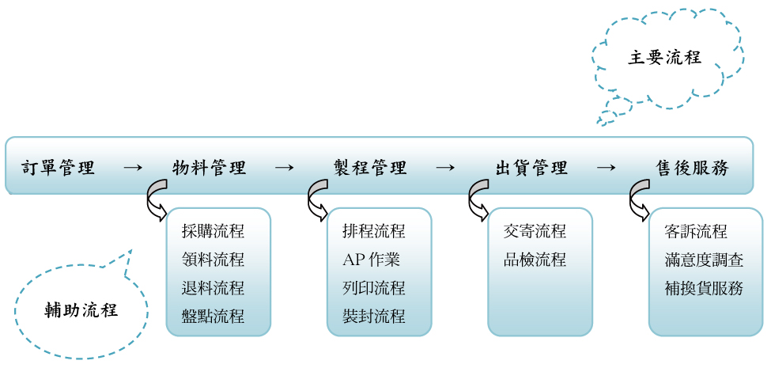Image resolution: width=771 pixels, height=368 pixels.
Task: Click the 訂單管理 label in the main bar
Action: point(58,168)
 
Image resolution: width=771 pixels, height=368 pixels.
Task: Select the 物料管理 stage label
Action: point(210,168)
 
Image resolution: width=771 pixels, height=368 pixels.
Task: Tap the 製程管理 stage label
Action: point(370,168)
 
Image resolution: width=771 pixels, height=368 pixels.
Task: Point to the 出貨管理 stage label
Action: point(531,168)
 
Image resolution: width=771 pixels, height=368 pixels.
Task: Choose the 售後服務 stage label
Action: point(693,168)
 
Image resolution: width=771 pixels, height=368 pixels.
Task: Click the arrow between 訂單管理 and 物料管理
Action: point(134,168)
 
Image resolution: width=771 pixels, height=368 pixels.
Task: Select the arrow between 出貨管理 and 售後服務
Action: point(606,168)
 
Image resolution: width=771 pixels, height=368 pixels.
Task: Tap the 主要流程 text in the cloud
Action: point(664,58)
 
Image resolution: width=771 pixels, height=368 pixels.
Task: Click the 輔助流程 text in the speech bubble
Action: point(81,309)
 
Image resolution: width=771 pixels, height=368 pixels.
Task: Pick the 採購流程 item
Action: point(213,231)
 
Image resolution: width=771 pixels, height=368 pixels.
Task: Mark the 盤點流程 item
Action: point(213,317)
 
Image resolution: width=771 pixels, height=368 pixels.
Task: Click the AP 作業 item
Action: point(372,260)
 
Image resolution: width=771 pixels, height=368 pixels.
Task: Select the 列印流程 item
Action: point(374,288)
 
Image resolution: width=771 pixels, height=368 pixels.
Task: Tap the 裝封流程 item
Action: point(374,317)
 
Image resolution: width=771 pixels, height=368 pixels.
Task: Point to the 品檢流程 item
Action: point(535,260)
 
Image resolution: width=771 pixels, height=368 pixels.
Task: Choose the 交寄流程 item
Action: point(535,231)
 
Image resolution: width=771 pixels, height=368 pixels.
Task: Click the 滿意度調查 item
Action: point(705,260)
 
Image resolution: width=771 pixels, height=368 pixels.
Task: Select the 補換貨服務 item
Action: point(705,288)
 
